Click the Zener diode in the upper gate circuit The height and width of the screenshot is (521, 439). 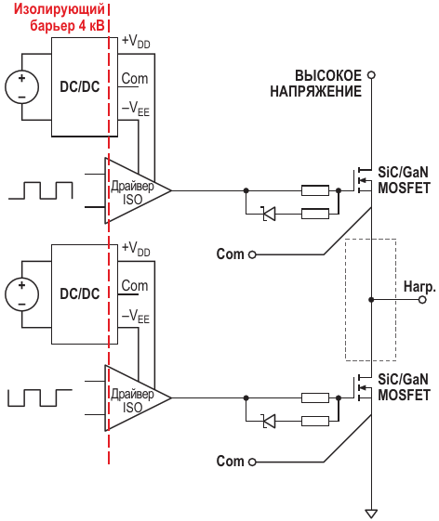tap(269, 214)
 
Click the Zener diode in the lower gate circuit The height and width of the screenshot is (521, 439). tap(269, 422)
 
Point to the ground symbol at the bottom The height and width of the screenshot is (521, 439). tap(371, 514)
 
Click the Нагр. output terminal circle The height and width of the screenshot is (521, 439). tap(422, 300)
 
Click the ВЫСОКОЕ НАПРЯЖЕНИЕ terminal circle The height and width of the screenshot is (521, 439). tap(371, 75)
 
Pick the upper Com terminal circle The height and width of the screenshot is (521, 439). tap(252, 254)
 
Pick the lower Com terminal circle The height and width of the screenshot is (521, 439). tap(252, 462)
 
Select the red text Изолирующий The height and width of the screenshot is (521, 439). tap(60, 9)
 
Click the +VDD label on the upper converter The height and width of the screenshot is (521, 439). tap(136, 42)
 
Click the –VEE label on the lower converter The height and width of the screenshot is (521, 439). tap(136, 317)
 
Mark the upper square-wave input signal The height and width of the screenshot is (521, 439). tap(41, 190)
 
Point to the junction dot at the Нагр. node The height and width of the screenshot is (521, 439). tap(371, 300)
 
